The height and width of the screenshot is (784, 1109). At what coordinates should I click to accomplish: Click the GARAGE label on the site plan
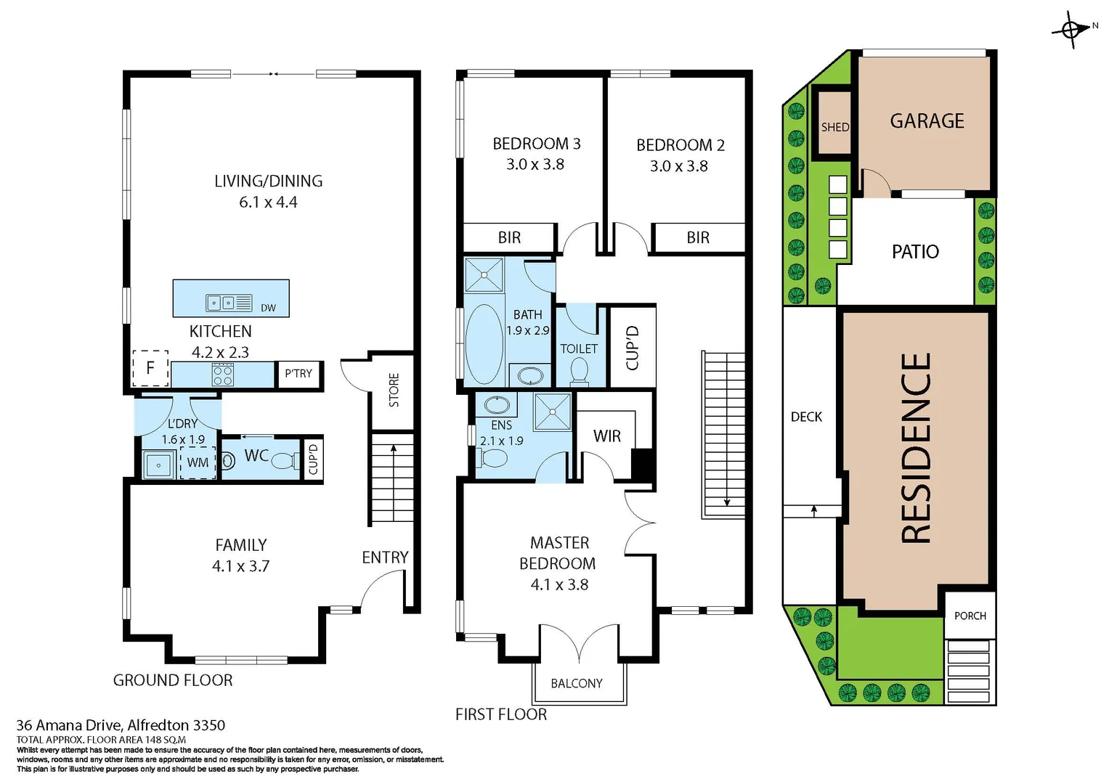point(927,121)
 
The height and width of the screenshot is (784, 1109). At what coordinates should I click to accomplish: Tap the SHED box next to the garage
point(834,127)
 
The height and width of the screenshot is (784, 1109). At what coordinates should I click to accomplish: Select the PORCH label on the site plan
point(970,616)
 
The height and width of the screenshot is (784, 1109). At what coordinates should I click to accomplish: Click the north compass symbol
point(1071,30)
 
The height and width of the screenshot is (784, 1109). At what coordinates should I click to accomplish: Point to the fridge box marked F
point(150,368)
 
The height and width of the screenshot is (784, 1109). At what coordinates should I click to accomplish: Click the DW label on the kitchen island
point(268,308)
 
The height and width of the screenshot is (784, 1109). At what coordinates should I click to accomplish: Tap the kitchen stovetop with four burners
point(222,375)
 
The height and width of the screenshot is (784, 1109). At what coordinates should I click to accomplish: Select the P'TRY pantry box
point(298,373)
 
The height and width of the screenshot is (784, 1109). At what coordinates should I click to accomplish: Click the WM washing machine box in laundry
point(198,462)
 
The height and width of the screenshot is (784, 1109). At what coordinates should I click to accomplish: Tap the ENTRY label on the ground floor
point(385,558)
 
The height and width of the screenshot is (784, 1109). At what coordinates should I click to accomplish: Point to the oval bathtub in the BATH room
point(484,344)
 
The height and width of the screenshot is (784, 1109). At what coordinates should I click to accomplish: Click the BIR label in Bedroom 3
point(509,237)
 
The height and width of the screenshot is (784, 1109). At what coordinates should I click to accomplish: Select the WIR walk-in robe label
point(606,436)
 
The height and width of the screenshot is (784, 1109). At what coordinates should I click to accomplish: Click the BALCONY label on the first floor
point(577,683)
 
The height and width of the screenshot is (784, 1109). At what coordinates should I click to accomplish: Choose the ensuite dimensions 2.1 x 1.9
point(501,441)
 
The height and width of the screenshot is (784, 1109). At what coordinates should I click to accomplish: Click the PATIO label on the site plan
point(915,252)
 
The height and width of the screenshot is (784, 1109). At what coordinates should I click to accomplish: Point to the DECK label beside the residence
point(806,417)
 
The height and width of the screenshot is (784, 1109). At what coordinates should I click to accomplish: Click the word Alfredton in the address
point(158,725)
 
